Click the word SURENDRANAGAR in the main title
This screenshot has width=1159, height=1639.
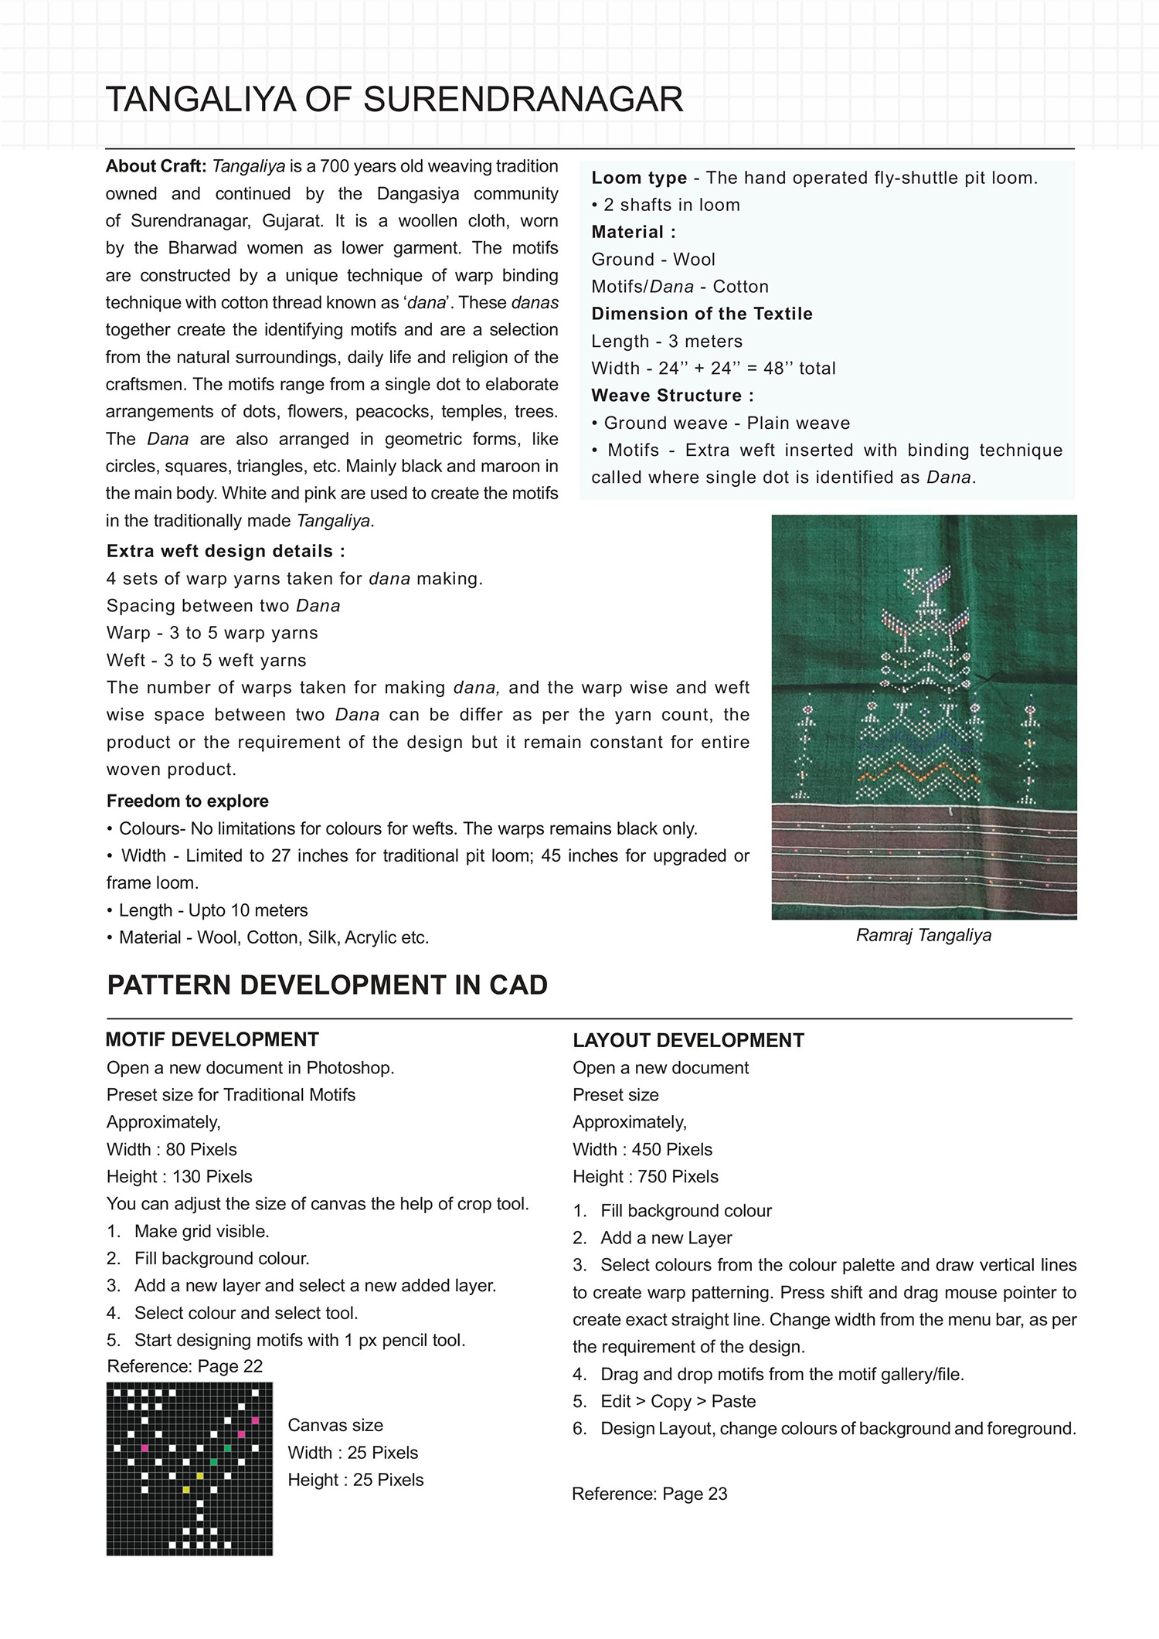click(522, 100)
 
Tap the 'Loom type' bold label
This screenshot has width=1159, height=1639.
click(639, 179)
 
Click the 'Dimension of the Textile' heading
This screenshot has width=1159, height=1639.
click(702, 315)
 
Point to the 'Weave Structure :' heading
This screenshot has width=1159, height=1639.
click(672, 396)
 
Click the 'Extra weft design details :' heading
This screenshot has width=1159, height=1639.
click(226, 552)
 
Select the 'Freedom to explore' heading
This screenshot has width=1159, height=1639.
click(188, 801)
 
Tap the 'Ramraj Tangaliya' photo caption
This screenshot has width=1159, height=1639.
click(923, 936)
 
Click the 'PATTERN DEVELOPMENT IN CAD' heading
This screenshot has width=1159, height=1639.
click(328, 986)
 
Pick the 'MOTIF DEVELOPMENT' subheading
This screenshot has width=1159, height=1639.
click(212, 1040)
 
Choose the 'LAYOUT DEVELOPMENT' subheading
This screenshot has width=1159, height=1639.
click(688, 1041)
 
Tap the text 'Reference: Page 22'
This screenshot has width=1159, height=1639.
click(185, 1366)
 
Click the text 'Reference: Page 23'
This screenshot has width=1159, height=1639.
click(650, 1494)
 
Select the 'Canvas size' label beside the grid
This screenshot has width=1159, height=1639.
click(335, 1426)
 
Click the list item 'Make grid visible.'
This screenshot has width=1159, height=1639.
click(202, 1232)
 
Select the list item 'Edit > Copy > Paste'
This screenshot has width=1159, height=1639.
click(678, 1402)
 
